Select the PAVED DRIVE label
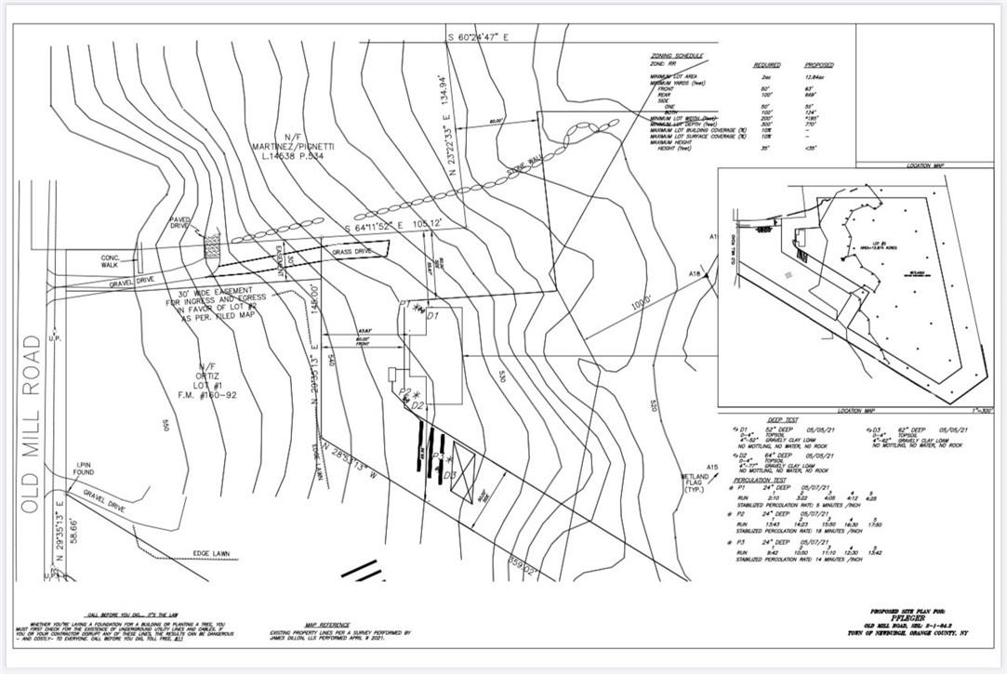pos(179,224)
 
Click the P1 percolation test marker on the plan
pos(404,304)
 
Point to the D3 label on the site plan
pos(449,475)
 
